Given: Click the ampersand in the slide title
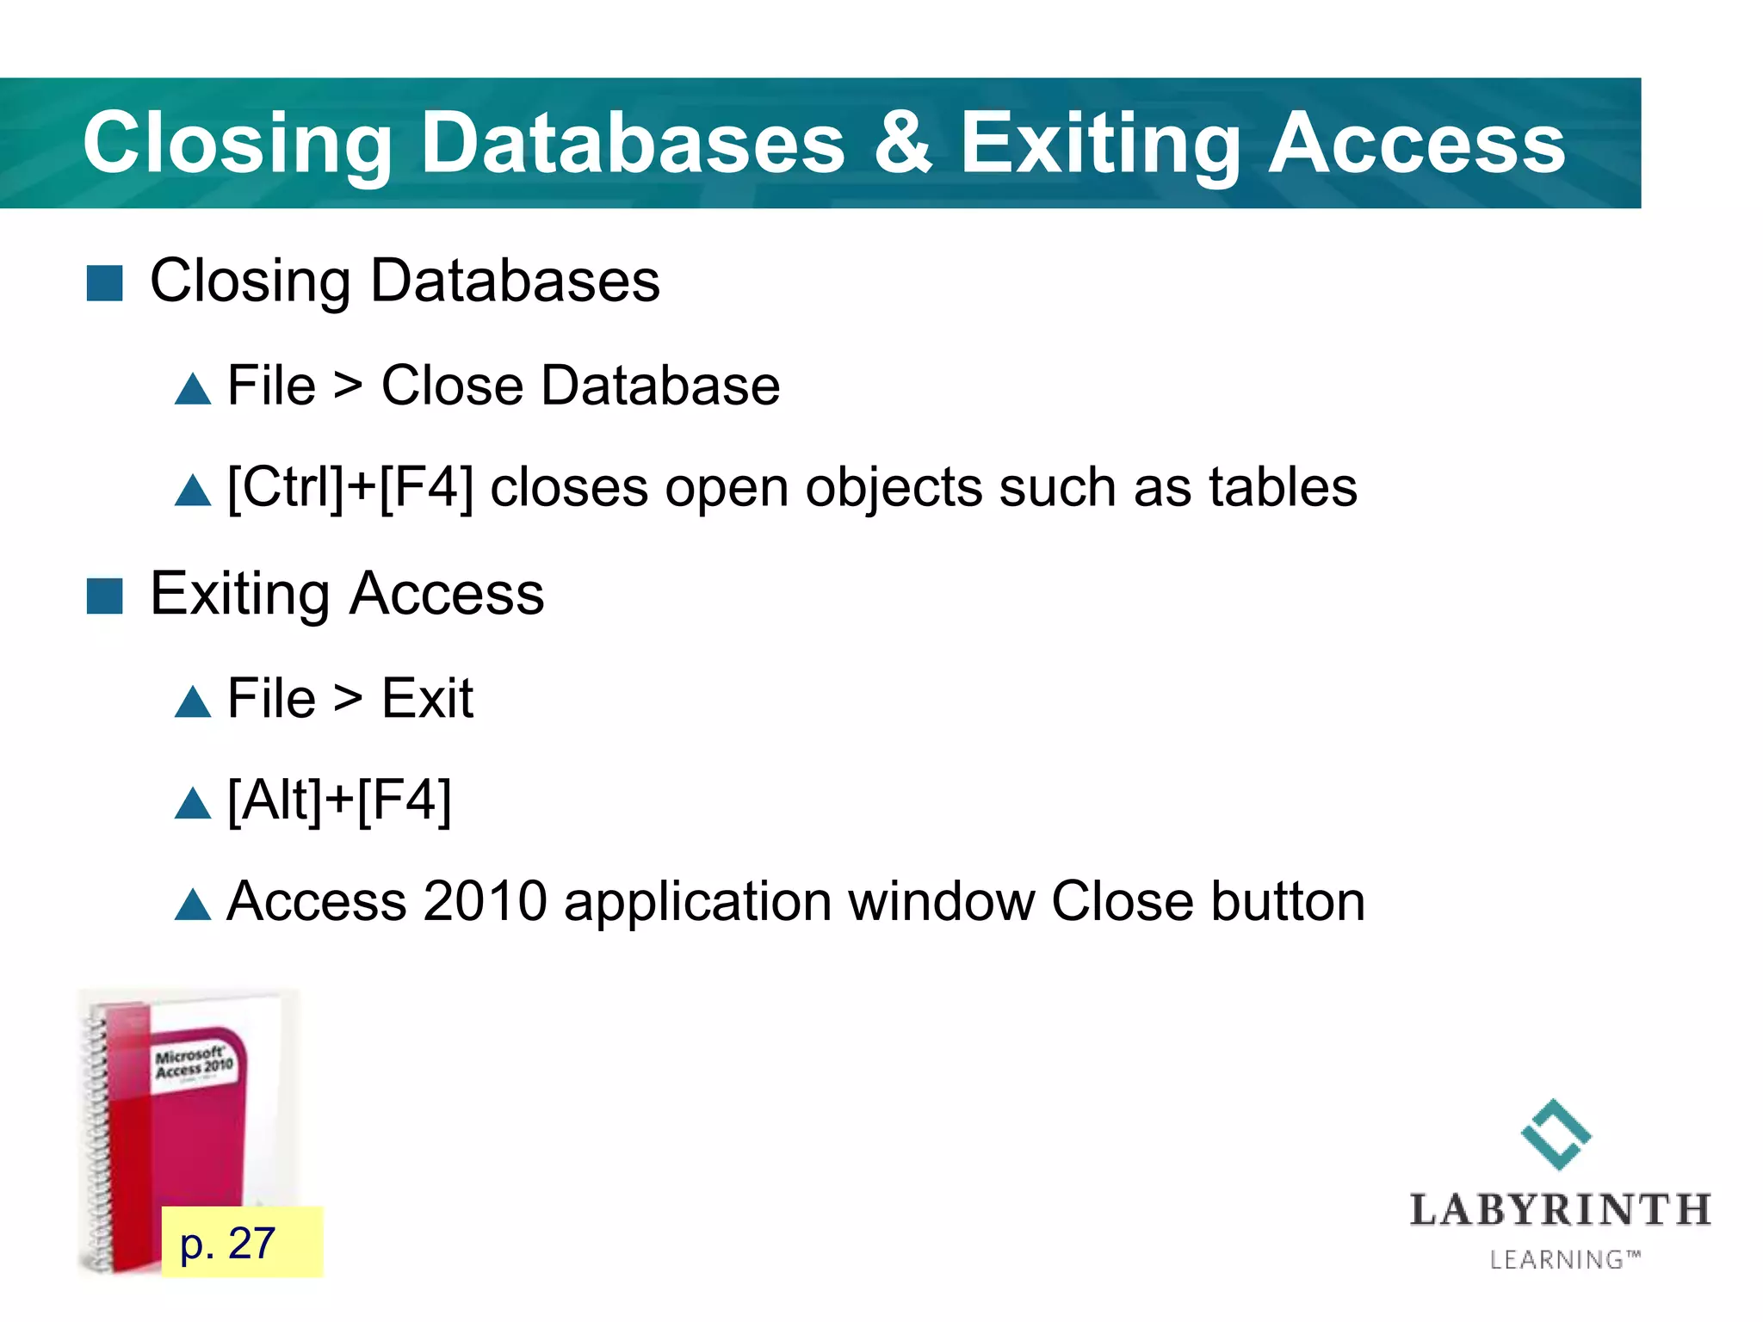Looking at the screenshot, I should (x=902, y=143).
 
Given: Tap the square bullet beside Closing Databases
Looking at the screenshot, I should (x=105, y=283).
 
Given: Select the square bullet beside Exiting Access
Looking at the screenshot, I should (x=105, y=596).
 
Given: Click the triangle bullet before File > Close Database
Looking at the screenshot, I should (x=193, y=389).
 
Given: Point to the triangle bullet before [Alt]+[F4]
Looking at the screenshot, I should (x=193, y=803).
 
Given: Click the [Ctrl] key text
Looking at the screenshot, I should (x=286, y=488).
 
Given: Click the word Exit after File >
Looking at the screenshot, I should (x=427, y=698).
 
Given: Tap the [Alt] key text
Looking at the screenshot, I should (x=275, y=800).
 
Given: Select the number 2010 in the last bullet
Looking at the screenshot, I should (x=485, y=902).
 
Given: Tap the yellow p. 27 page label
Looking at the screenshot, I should (x=242, y=1243).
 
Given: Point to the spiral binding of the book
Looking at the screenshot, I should (x=97, y=1136).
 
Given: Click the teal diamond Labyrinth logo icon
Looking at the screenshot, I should (x=1556, y=1134).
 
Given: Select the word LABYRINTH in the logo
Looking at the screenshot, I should (x=1560, y=1210).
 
